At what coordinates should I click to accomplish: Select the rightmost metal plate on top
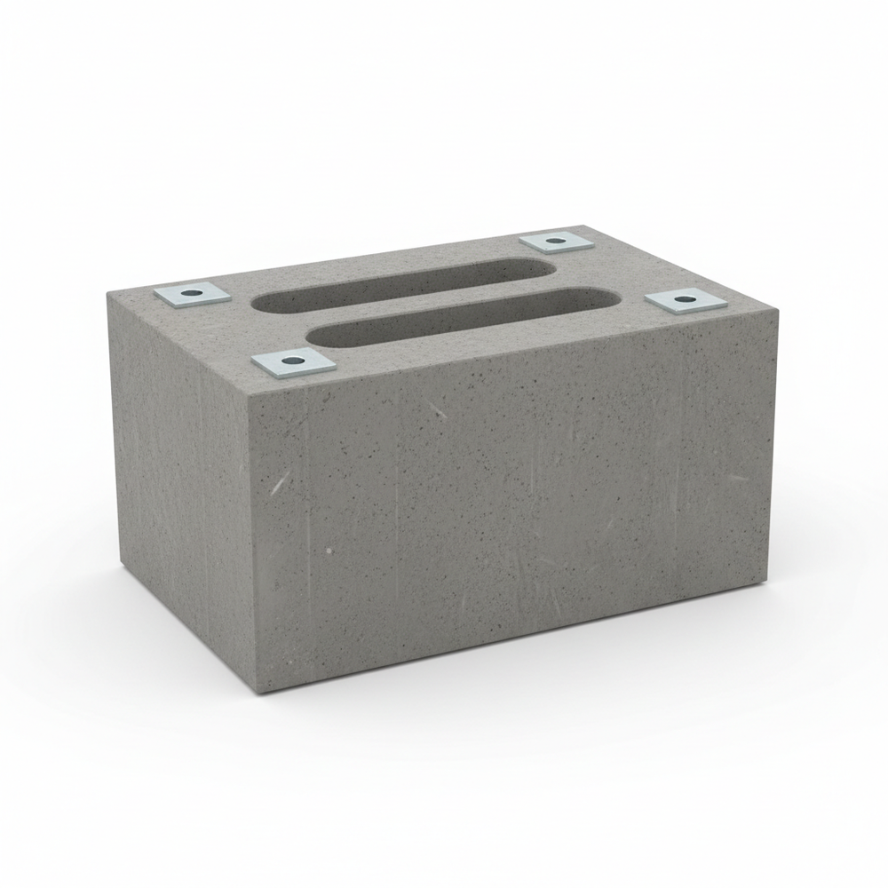coord(685,301)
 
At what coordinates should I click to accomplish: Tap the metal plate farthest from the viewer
coord(556,241)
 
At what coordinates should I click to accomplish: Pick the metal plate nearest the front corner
coord(293,362)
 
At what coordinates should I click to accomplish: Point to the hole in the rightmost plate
coord(684,300)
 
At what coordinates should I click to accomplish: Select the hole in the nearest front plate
coord(293,361)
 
